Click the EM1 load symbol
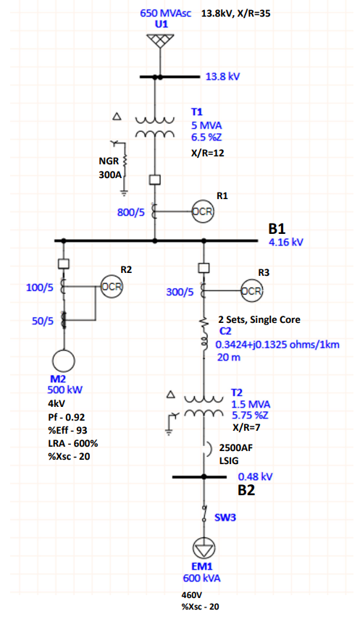coord(204,548)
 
